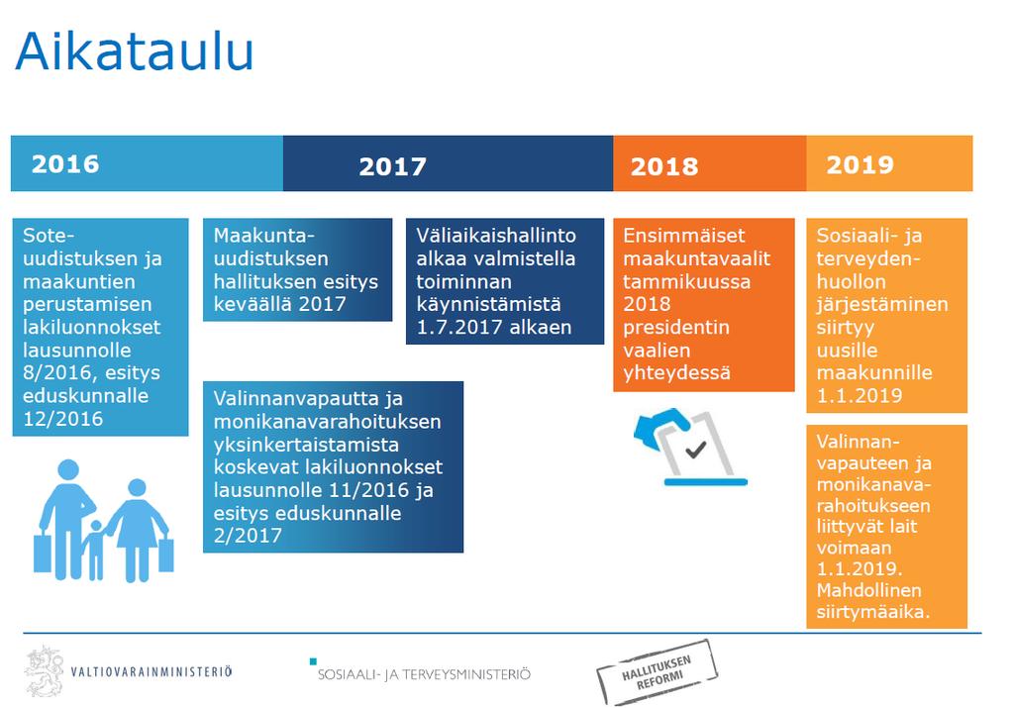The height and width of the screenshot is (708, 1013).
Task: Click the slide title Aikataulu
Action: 135,51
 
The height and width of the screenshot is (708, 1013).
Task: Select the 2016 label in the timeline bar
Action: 65,164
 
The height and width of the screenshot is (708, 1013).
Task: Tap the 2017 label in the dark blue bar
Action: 393,166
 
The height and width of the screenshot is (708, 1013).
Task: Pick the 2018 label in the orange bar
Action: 664,166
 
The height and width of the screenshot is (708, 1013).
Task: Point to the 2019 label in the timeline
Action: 860,164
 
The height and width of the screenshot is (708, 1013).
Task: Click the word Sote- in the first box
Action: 49,235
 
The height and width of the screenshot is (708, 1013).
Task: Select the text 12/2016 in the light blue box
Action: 62,419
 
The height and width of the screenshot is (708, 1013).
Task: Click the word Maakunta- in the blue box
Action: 263,235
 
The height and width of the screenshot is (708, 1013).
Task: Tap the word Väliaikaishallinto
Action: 496,235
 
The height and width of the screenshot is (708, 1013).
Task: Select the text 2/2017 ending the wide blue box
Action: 248,536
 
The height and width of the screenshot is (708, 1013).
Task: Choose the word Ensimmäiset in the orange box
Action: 684,235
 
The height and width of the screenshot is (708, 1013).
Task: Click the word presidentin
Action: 675,328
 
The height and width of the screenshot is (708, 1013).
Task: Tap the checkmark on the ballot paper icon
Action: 696,449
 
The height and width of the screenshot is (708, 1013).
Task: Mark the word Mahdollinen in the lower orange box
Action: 868,590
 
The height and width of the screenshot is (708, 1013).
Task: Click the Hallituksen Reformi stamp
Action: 658,671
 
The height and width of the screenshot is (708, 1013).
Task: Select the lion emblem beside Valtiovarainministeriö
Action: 45,671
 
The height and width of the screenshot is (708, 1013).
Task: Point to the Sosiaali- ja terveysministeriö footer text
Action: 424,674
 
